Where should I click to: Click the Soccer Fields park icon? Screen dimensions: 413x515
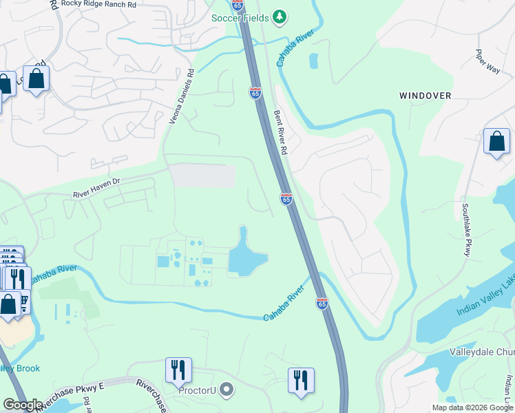tap(279, 17)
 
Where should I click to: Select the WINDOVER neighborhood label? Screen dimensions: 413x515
tap(425, 96)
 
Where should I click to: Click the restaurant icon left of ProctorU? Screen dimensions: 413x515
tap(178, 370)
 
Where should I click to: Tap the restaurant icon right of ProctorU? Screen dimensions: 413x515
tap(301, 379)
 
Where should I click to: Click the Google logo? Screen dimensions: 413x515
tap(23, 405)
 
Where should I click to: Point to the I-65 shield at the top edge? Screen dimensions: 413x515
tap(238, 5)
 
